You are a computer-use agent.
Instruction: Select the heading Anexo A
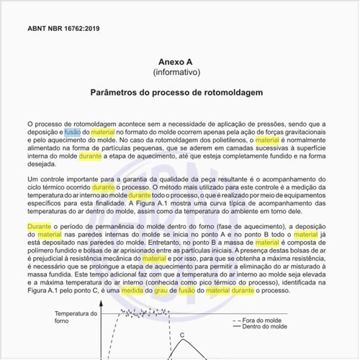180,62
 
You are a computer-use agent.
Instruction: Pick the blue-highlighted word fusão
73,133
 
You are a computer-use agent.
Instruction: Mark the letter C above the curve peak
182,335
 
